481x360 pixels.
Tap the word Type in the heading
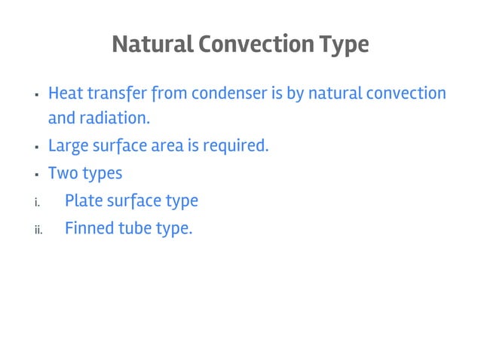pyautogui.click(x=344, y=45)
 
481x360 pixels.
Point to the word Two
pyautogui.click(x=61, y=173)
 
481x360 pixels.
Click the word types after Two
pyautogui.click(x=100, y=174)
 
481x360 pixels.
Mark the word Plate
pyautogui.click(x=84, y=201)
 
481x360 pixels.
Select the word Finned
pyautogui.click(x=87, y=227)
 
